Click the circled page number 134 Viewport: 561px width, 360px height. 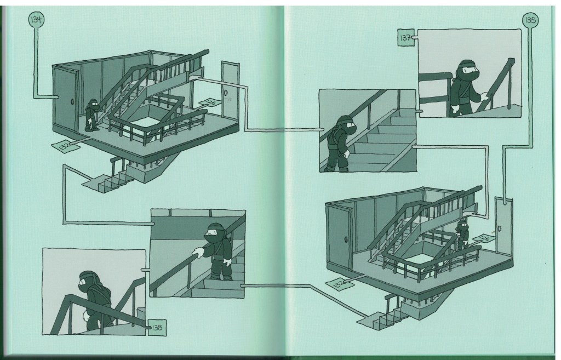(x=36, y=19)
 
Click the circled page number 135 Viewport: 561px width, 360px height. (x=530, y=20)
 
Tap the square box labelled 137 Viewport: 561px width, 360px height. (x=406, y=38)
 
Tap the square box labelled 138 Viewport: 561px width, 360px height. (x=157, y=328)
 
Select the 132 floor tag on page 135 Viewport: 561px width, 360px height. (x=339, y=284)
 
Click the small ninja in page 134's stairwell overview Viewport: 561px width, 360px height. (x=92, y=115)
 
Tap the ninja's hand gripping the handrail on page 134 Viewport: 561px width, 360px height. (x=198, y=253)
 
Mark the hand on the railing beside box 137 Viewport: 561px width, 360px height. (x=484, y=95)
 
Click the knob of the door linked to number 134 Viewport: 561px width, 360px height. (x=72, y=101)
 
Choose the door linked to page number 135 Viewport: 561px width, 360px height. (x=504, y=226)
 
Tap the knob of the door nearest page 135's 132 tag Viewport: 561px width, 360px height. (x=346, y=239)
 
